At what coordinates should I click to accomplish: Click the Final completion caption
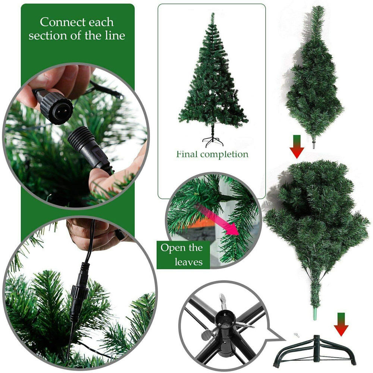pos(212,154)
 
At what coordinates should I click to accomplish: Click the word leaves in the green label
pos(188,261)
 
